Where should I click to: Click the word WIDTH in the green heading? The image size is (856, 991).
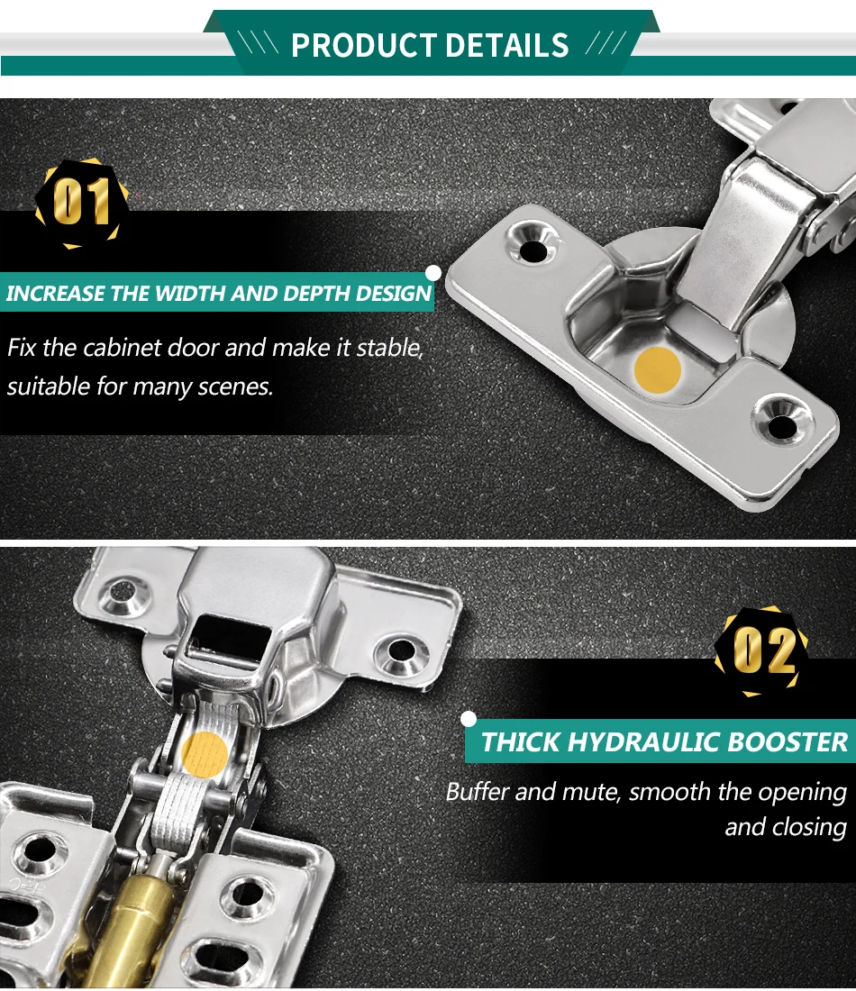point(187,294)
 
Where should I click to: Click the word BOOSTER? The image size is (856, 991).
point(788,742)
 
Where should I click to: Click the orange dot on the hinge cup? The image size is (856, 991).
point(657,369)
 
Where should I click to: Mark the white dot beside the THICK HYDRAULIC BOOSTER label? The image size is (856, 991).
point(468,719)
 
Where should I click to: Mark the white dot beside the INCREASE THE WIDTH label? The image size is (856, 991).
point(433,272)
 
